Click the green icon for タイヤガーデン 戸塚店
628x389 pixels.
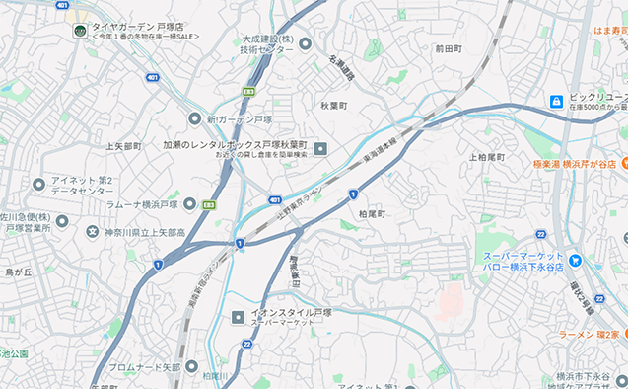[x=78, y=30]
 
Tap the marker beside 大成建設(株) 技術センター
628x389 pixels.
[x=305, y=43]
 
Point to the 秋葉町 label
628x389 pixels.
[x=333, y=104]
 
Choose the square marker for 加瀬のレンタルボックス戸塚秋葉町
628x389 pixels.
[x=319, y=149]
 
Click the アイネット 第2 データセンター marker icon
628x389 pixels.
[x=38, y=184]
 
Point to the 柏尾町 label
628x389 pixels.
[x=372, y=213]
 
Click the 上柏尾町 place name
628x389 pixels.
[x=486, y=157]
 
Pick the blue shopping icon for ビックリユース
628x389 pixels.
[x=557, y=101]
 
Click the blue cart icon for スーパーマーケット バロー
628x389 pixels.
[x=575, y=261]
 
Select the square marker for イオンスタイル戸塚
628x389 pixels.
[x=237, y=317]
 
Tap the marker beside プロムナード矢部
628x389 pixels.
[x=192, y=367]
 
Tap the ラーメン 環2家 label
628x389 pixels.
[x=589, y=335]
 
